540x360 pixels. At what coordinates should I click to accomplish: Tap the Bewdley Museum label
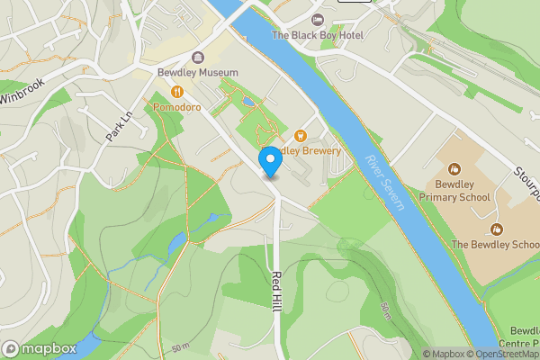click(x=198, y=72)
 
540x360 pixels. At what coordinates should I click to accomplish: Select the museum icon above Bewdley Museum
click(x=198, y=57)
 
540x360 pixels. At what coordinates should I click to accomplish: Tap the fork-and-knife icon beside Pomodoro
click(x=177, y=91)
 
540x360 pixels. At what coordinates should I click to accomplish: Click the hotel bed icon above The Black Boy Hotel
click(x=317, y=20)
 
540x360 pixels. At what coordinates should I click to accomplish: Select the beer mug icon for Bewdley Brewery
click(x=289, y=135)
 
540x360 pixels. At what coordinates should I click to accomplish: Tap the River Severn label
click(x=386, y=183)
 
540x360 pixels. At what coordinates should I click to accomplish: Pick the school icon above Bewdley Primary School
click(x=456, y=168)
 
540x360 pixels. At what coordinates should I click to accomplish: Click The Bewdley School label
click(x=494, y=244)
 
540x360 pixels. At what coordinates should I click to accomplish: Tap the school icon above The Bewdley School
click(x=494, y=229)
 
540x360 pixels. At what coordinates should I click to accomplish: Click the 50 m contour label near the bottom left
click(x=180, y=347)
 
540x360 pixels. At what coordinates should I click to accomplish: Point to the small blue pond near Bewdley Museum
click(x=247, y=102)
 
